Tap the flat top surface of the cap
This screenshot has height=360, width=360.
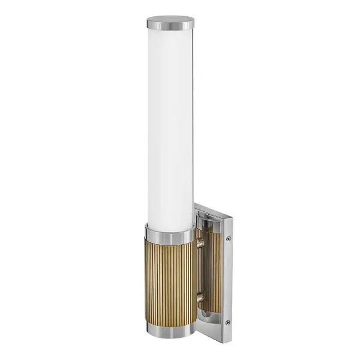(x=170, y=20)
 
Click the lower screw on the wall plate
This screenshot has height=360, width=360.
(x=227, y=322)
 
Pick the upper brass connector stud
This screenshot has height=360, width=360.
(x=199, y=243)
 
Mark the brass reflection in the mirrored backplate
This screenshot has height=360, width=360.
(x=211, y=270)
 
